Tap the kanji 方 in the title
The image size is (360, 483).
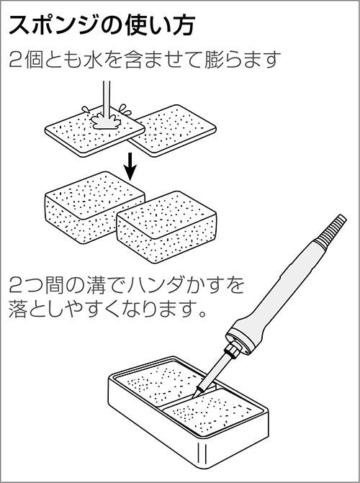point(183,25)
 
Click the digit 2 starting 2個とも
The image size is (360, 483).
point(15,60)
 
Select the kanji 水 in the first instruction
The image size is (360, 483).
point(94,60)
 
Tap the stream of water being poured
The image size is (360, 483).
point(107,98)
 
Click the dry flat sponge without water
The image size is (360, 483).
point(173,130)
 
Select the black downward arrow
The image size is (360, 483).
point(131,166)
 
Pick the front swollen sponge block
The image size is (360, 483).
point(166,227)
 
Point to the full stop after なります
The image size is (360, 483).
point(202,314)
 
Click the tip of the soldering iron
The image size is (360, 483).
point(193,397)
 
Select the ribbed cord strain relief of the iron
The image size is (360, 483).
point(330,232)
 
